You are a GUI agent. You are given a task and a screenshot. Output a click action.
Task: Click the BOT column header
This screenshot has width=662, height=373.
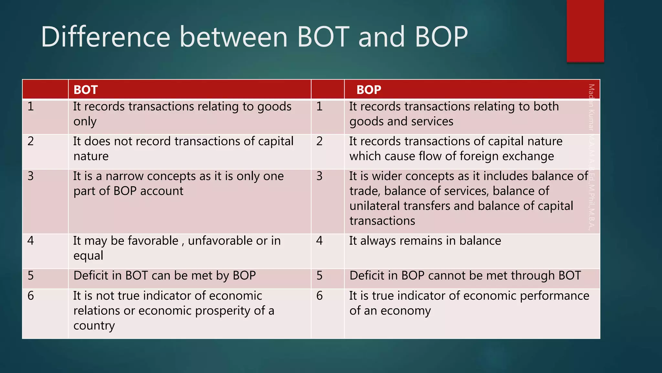tap(86, 90)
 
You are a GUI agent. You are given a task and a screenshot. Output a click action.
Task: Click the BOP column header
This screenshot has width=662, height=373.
tap(368, 90)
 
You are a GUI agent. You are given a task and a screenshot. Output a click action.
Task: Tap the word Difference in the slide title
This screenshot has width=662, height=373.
tap(105, 37)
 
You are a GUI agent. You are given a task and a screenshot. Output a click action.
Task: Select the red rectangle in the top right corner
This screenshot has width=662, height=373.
tap(585, 31)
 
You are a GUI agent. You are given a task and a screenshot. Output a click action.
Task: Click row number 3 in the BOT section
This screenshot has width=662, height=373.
tap(31, 176)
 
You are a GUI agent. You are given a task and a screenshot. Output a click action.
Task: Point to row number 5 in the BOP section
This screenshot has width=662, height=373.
tap(319, 276)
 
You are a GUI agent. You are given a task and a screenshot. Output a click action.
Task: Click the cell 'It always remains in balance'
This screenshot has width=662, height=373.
tap(425, 241)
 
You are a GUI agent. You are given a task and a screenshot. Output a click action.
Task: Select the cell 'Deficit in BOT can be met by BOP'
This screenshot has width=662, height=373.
tap(165, 276)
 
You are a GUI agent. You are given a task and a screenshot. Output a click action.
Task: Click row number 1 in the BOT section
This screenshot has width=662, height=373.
tap(31, 107)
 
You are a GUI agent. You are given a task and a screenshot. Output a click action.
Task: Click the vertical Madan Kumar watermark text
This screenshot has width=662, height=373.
tap(591, 157)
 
